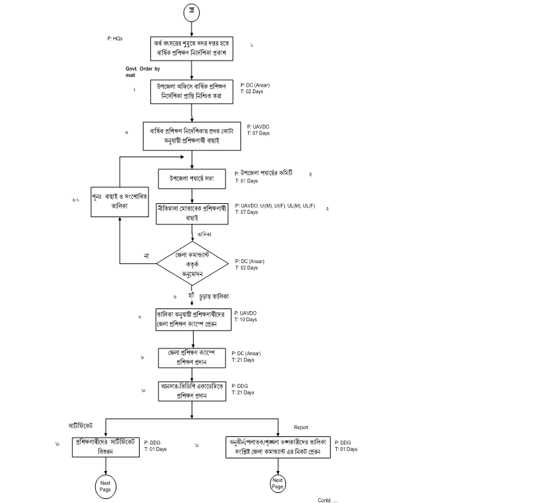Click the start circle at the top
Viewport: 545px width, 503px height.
(x=192, y=13)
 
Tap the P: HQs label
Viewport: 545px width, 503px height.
(x=115, y=39)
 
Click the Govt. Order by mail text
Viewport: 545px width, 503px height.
(x=142, y=72)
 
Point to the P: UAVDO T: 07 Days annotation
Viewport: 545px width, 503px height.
(x=258, y=130)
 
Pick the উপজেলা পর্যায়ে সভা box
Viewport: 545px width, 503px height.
(x=192, y=179)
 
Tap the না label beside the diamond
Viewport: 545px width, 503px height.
(x=146, y=256)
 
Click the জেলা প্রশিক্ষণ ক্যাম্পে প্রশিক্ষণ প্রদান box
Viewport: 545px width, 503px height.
(x=192, y=357)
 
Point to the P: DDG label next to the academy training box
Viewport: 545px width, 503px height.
(x=239, y=386)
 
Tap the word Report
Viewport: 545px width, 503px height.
(x=301, y=427)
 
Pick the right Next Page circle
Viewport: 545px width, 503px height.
(x=277, y=484)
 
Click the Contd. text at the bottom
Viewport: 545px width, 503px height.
(x=328, y=499)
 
